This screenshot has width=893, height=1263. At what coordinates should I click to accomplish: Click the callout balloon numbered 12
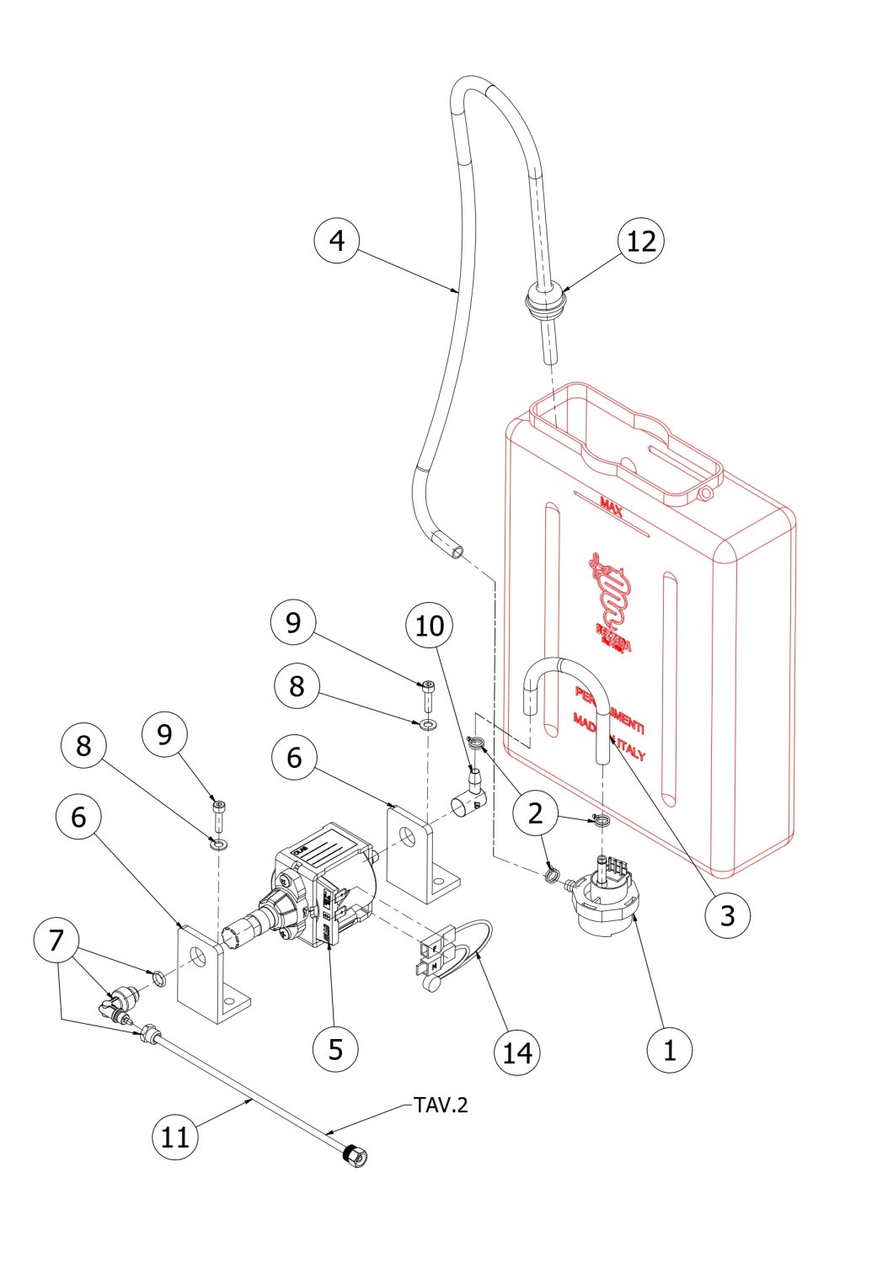[641, 242]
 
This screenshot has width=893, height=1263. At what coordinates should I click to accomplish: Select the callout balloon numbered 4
[337, 241]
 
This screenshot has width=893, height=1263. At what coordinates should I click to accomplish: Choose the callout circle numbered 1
[670, 1050]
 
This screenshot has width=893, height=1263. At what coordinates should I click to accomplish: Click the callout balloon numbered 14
[516, 1052]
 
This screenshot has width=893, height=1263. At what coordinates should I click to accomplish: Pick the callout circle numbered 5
[335, 1049]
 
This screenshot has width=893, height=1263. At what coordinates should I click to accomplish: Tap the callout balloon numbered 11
[175, 1138]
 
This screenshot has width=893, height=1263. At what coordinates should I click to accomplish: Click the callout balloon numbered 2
[535, 813]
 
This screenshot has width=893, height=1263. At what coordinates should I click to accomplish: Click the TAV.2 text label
[440, 1105]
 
